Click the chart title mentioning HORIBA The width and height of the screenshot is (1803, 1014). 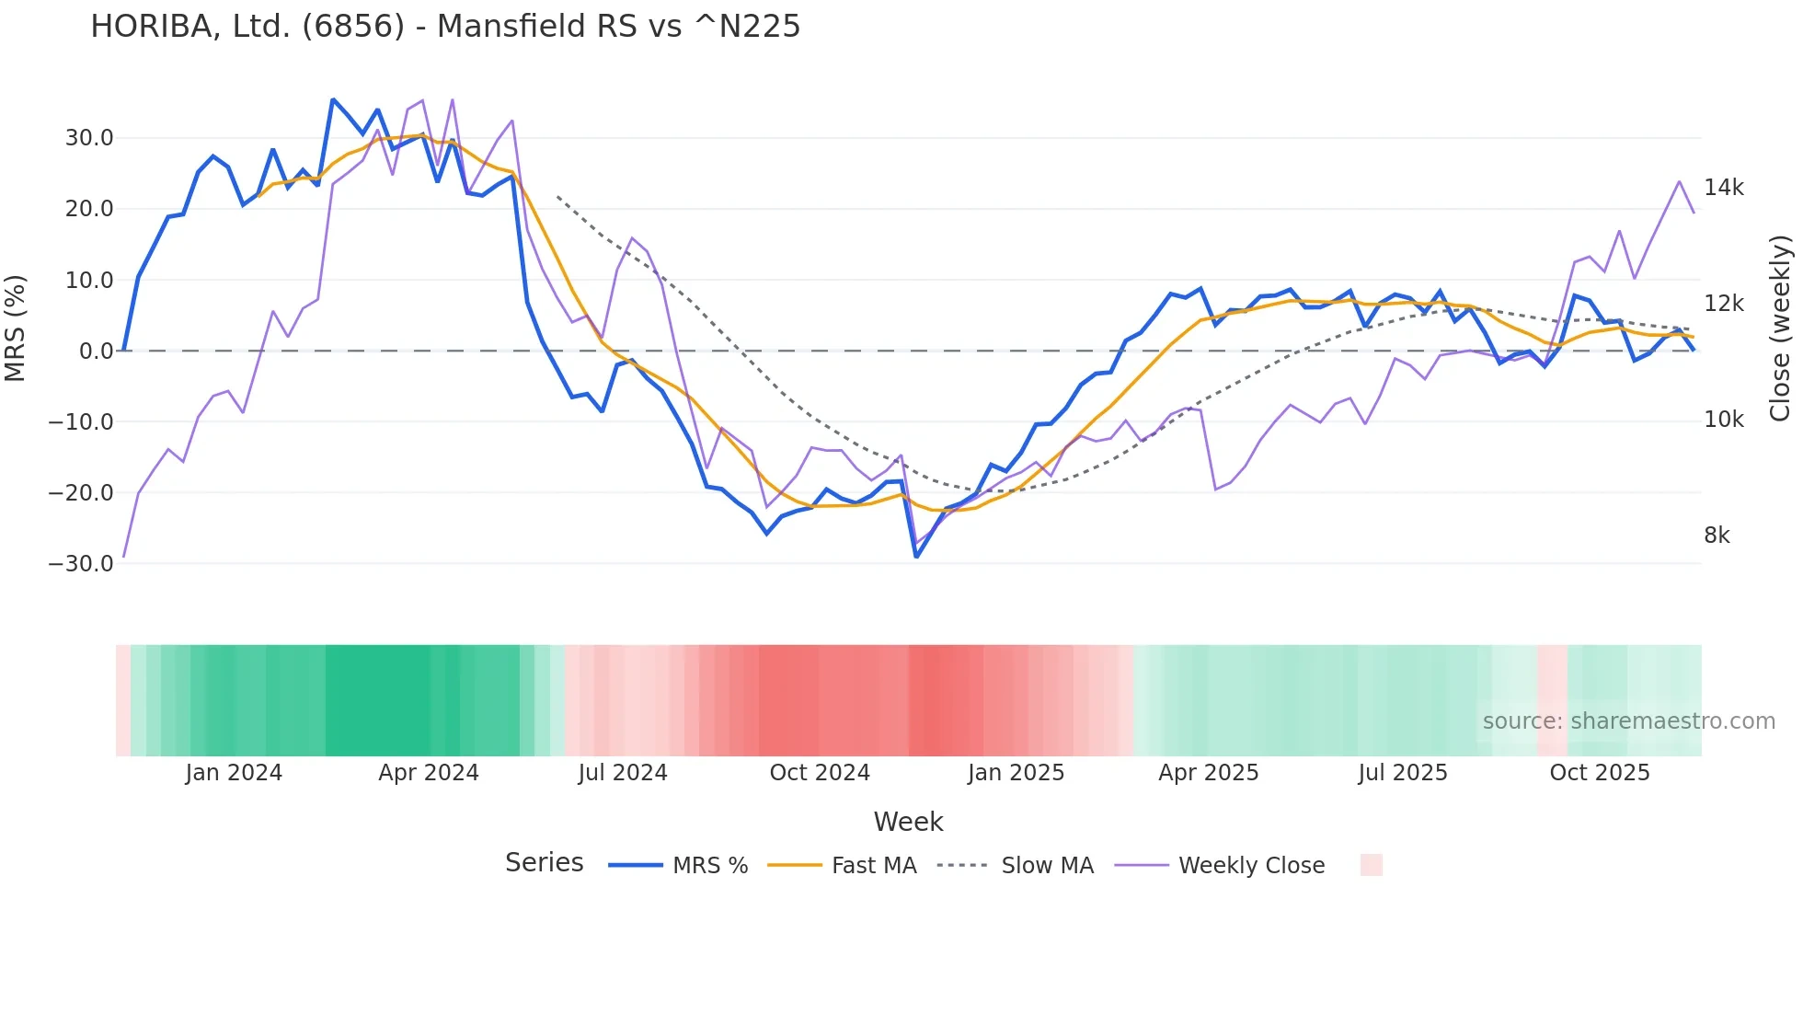click(445, 27)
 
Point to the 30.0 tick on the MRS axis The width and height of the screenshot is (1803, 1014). click(89, 138)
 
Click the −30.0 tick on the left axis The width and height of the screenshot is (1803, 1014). click(81, 564)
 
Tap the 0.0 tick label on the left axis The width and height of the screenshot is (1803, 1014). click(96, 351)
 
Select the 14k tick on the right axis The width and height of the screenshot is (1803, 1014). click(1723, 188)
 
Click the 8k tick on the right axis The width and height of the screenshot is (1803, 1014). click(1717, 536)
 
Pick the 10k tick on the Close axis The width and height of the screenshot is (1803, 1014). click(1723, 420)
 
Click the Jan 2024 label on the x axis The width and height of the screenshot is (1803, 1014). click(234, 773)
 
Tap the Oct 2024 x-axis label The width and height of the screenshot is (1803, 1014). click(820, 773)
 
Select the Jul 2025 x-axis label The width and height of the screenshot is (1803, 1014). click(1403, 773)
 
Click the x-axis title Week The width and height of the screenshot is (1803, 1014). click(908, 822)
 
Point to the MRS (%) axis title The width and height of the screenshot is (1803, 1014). click(16, 328)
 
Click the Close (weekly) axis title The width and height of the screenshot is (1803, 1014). click(1781, 328)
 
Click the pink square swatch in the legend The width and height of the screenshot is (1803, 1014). click(1371, 865)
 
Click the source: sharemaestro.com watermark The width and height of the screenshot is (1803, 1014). click(1628, 721)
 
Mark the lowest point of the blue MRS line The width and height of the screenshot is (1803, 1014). click(916, 557)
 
